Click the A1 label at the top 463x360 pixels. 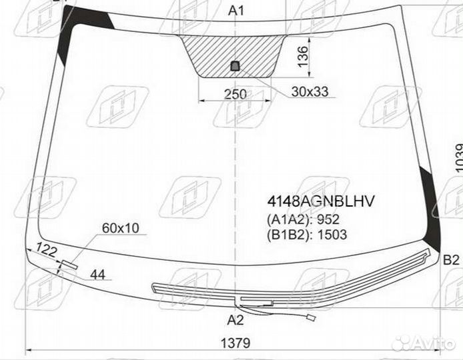coord(236,11)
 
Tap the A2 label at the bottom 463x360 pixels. coord(236,320)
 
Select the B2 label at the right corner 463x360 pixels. coord(452,260)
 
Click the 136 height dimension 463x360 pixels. coord(303,57)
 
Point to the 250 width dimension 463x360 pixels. coord(236,95)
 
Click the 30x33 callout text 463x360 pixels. coord(310,92)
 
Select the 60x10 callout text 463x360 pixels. coord(121,228)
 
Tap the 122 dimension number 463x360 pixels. coord(46,250)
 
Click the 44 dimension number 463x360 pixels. coord(97,275)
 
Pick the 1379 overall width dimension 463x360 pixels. coord(236,343)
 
